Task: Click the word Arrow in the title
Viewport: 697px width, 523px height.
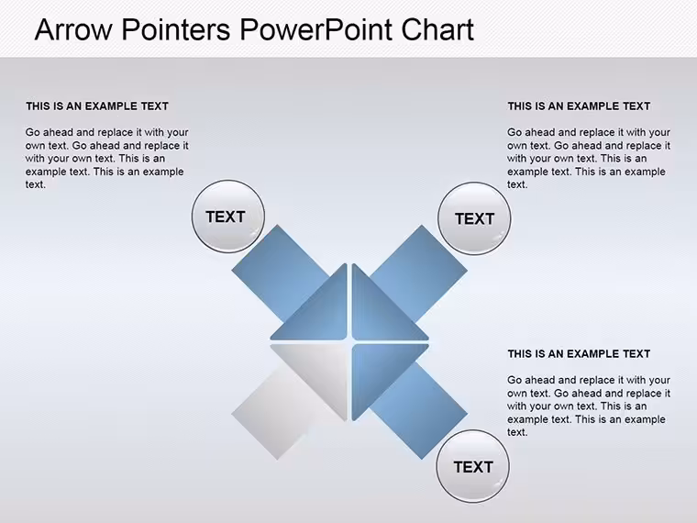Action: coord(73,29)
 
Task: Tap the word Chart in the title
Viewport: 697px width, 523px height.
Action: coord(437,29)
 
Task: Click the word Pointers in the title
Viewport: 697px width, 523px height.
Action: coord(176,29)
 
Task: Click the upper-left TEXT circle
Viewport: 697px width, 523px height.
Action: coord(228,217)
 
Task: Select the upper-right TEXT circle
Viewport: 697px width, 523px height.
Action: coord(474,218)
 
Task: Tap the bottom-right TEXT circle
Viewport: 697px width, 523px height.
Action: coord(473,466)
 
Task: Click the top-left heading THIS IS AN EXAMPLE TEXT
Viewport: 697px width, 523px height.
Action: coord(97,106)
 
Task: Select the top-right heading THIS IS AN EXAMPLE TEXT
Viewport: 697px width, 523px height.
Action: coord(579,106)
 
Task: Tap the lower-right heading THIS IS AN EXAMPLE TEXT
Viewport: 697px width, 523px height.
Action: coord(579,354)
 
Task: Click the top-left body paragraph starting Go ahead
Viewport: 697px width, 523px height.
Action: coord(106,159)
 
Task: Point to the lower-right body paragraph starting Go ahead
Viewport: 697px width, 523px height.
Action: coord(589,406)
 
